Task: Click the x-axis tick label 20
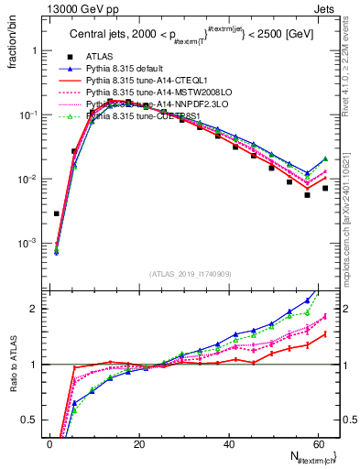click(x=138, y=444)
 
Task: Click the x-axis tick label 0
click(x=49, y=444)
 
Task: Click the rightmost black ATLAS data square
click(x=324, y=188)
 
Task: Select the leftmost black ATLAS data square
click(x=57, y=213)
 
